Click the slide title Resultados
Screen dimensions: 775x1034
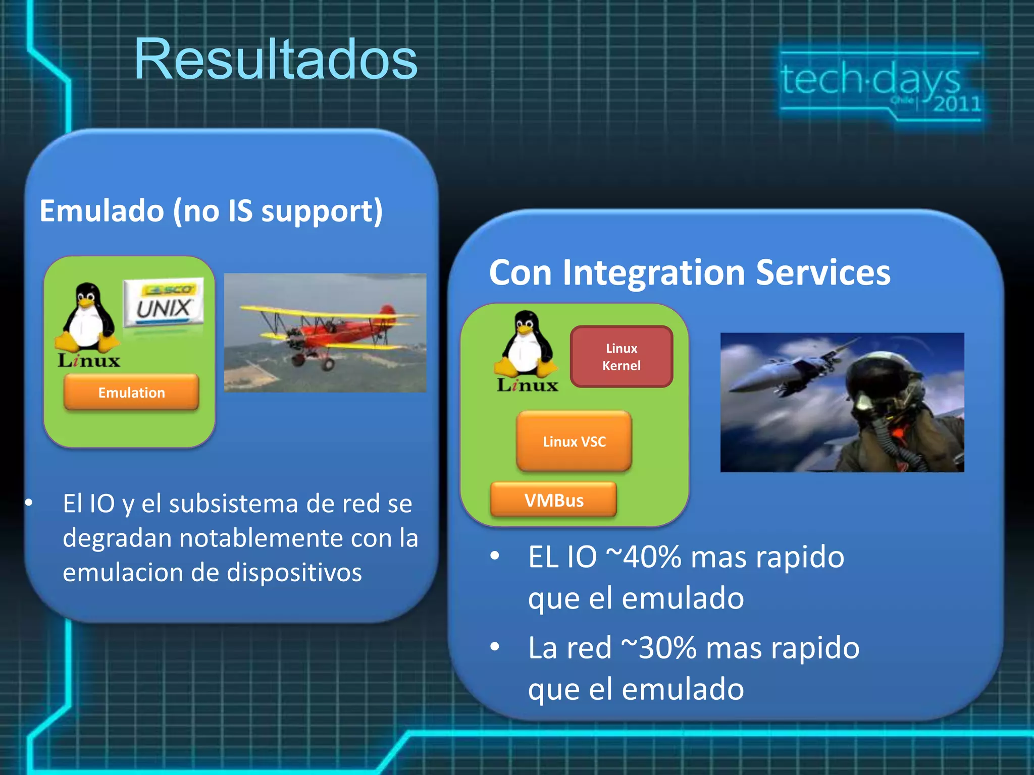coord(276,60)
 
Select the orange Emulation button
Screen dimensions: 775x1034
coord(131,392)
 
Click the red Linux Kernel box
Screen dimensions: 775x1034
coord(621,357)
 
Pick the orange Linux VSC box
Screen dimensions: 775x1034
coord(574,441)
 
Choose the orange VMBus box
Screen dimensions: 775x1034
coord(554,500)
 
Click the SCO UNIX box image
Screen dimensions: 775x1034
coord(164,303)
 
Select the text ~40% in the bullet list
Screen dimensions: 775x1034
coord(643,557)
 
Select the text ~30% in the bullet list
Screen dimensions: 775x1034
coord(658,648)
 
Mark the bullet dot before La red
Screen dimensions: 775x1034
coord(495,647)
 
